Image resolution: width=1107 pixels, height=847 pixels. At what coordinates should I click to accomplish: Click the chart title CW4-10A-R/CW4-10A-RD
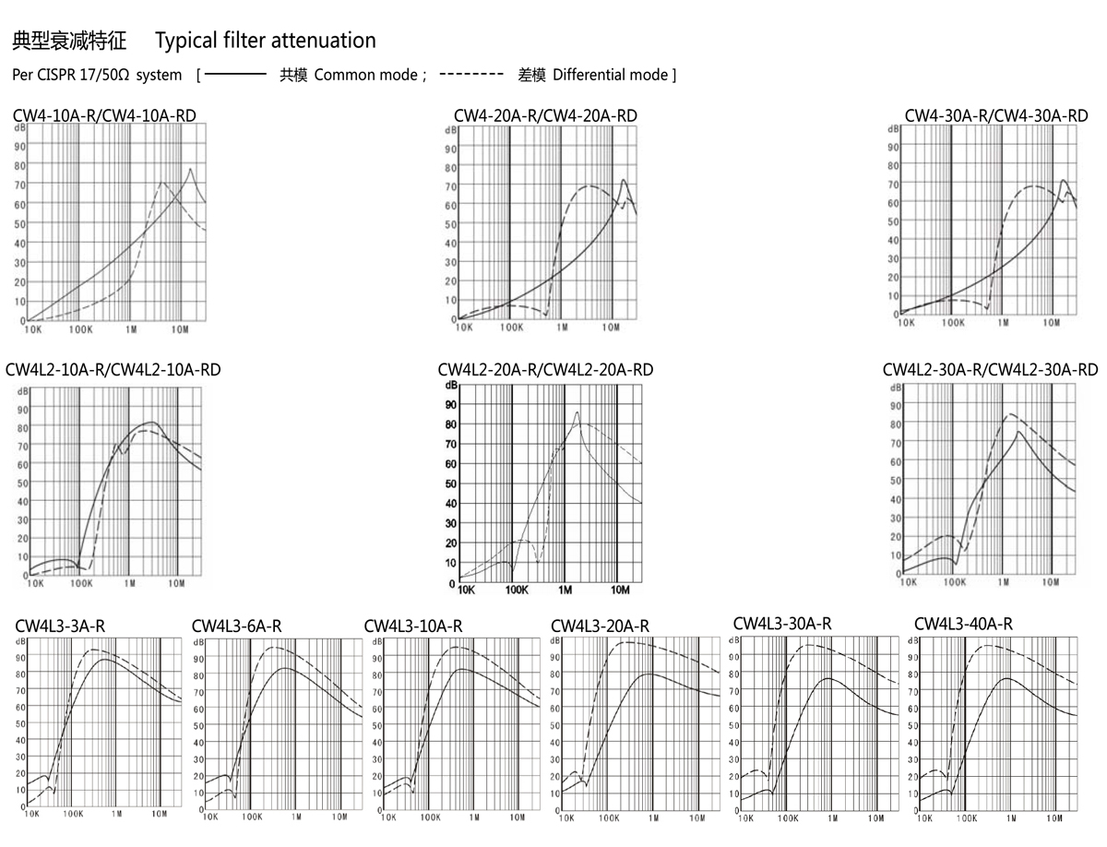(104, 116)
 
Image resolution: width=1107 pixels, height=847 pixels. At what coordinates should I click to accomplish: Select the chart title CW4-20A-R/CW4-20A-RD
(545, 116)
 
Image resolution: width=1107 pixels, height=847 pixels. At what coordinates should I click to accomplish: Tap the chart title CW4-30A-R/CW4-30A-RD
(996, 116)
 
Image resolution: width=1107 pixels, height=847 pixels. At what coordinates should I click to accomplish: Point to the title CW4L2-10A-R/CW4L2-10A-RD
(113, 370)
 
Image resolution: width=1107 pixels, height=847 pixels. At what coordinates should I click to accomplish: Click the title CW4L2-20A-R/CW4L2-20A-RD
(545, 370)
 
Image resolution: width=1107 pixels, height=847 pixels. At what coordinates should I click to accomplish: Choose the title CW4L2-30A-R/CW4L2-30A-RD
(990, 370)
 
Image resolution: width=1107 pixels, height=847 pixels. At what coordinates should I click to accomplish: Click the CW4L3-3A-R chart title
(60, 626)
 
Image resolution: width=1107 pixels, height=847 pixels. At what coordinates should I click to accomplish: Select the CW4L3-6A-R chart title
(237, 626)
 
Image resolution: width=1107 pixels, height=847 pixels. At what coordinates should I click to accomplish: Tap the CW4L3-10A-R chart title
(413, 626)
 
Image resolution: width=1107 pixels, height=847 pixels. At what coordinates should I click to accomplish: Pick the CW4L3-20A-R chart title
(600, 626)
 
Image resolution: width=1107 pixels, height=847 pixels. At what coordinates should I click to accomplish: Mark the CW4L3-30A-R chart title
(782, 624)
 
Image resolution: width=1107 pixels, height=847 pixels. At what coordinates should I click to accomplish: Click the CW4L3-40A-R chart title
(963, 624)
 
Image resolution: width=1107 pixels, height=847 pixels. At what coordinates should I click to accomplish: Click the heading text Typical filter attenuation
(266, 41)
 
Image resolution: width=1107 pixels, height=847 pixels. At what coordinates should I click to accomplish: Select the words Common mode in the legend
(365, 75)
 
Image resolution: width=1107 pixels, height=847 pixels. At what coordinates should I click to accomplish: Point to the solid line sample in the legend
(235, 73)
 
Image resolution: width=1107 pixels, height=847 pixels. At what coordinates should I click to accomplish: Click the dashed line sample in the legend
(471, 73)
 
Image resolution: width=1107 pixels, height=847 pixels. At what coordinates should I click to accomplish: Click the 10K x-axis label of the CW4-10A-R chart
(33, 328)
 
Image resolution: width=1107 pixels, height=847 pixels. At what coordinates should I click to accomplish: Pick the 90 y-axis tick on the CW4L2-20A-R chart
(451, 404)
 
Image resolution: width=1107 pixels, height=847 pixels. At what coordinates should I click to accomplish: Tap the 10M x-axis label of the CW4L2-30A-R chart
(1051, 582)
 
